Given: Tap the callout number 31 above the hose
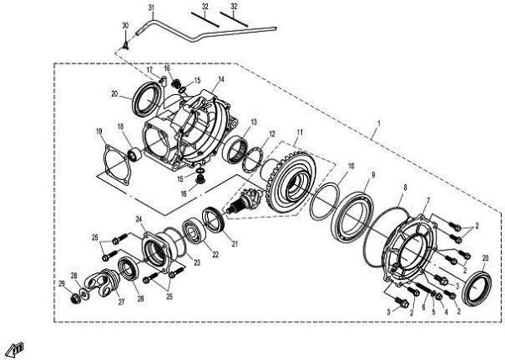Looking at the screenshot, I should pyautogui.click(x=151, y=8).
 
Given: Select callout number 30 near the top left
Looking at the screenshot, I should pyautogui.click(x=125, y=27).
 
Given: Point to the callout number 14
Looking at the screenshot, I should pyautogui.click(x=221, y=80).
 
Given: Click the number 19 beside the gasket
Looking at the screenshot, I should pyautogui.click(x=98, y=131).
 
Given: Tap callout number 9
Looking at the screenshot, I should pyautogui.click(x=372, y=175).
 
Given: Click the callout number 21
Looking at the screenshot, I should pyautogui.click(x=235, y=245).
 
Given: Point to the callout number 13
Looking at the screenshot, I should pyautogui.click(x=253, y=122).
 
